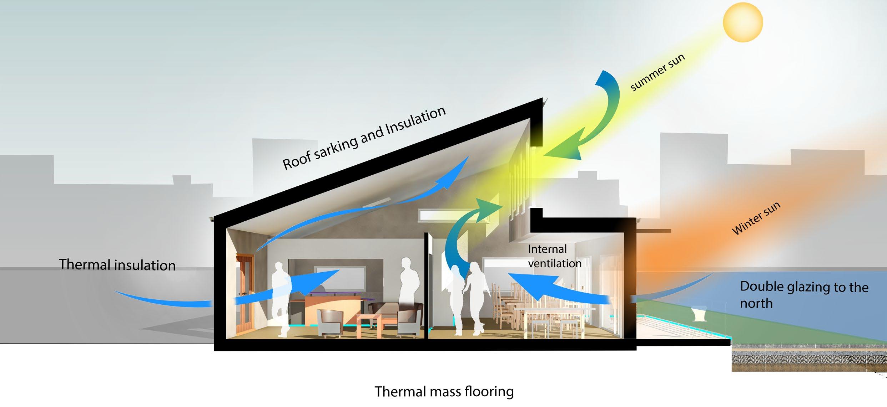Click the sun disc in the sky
[743, 22]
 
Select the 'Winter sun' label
[756, 218]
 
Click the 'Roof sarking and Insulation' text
[364, 138]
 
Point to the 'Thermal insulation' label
[117, 265]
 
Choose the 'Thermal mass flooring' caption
[444, 391]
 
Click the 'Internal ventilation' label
[554, 256]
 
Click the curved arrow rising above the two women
[464, 232]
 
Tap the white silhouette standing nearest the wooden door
[280, 299]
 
